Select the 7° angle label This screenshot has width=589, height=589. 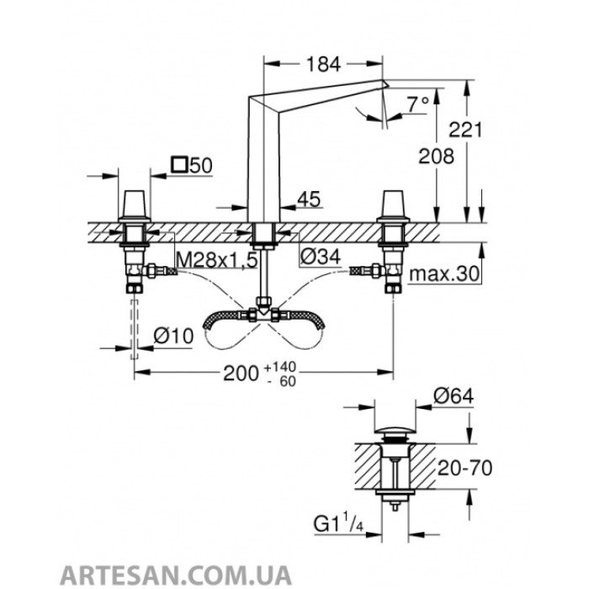click(417, 105)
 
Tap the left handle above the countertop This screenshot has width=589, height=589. click(133, 205)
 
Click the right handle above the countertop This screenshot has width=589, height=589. click(393, 205)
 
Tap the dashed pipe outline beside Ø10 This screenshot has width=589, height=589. click(133, 324)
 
